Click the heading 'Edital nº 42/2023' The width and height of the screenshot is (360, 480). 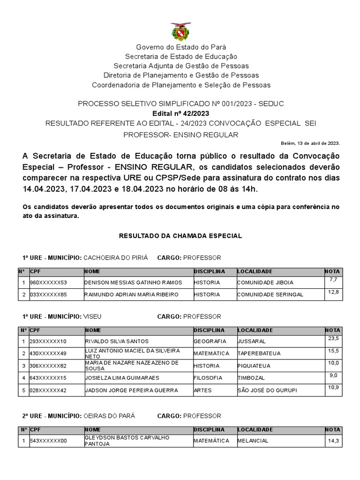coord(181,113)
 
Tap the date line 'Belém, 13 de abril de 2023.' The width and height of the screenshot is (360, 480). coord(310,143)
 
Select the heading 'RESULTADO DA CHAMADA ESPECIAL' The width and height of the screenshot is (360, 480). coord(181,236)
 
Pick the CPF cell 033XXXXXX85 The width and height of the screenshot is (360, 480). coord(48,294)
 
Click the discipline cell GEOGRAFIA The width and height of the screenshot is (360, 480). coord(210,341)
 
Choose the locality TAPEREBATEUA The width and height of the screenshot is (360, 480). coord(259,353)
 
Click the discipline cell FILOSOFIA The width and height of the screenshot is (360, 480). coord(208,378)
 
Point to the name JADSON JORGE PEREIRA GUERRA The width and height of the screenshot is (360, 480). coord(131,390)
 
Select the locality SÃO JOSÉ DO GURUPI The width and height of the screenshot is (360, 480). coord(267,390)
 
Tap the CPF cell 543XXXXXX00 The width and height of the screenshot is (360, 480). coord(48,441)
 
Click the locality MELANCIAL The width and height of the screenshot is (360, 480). coord(253,441)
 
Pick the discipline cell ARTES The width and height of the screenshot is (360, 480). coord(202,390)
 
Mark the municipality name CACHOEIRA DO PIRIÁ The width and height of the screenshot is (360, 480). coord(115,258)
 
